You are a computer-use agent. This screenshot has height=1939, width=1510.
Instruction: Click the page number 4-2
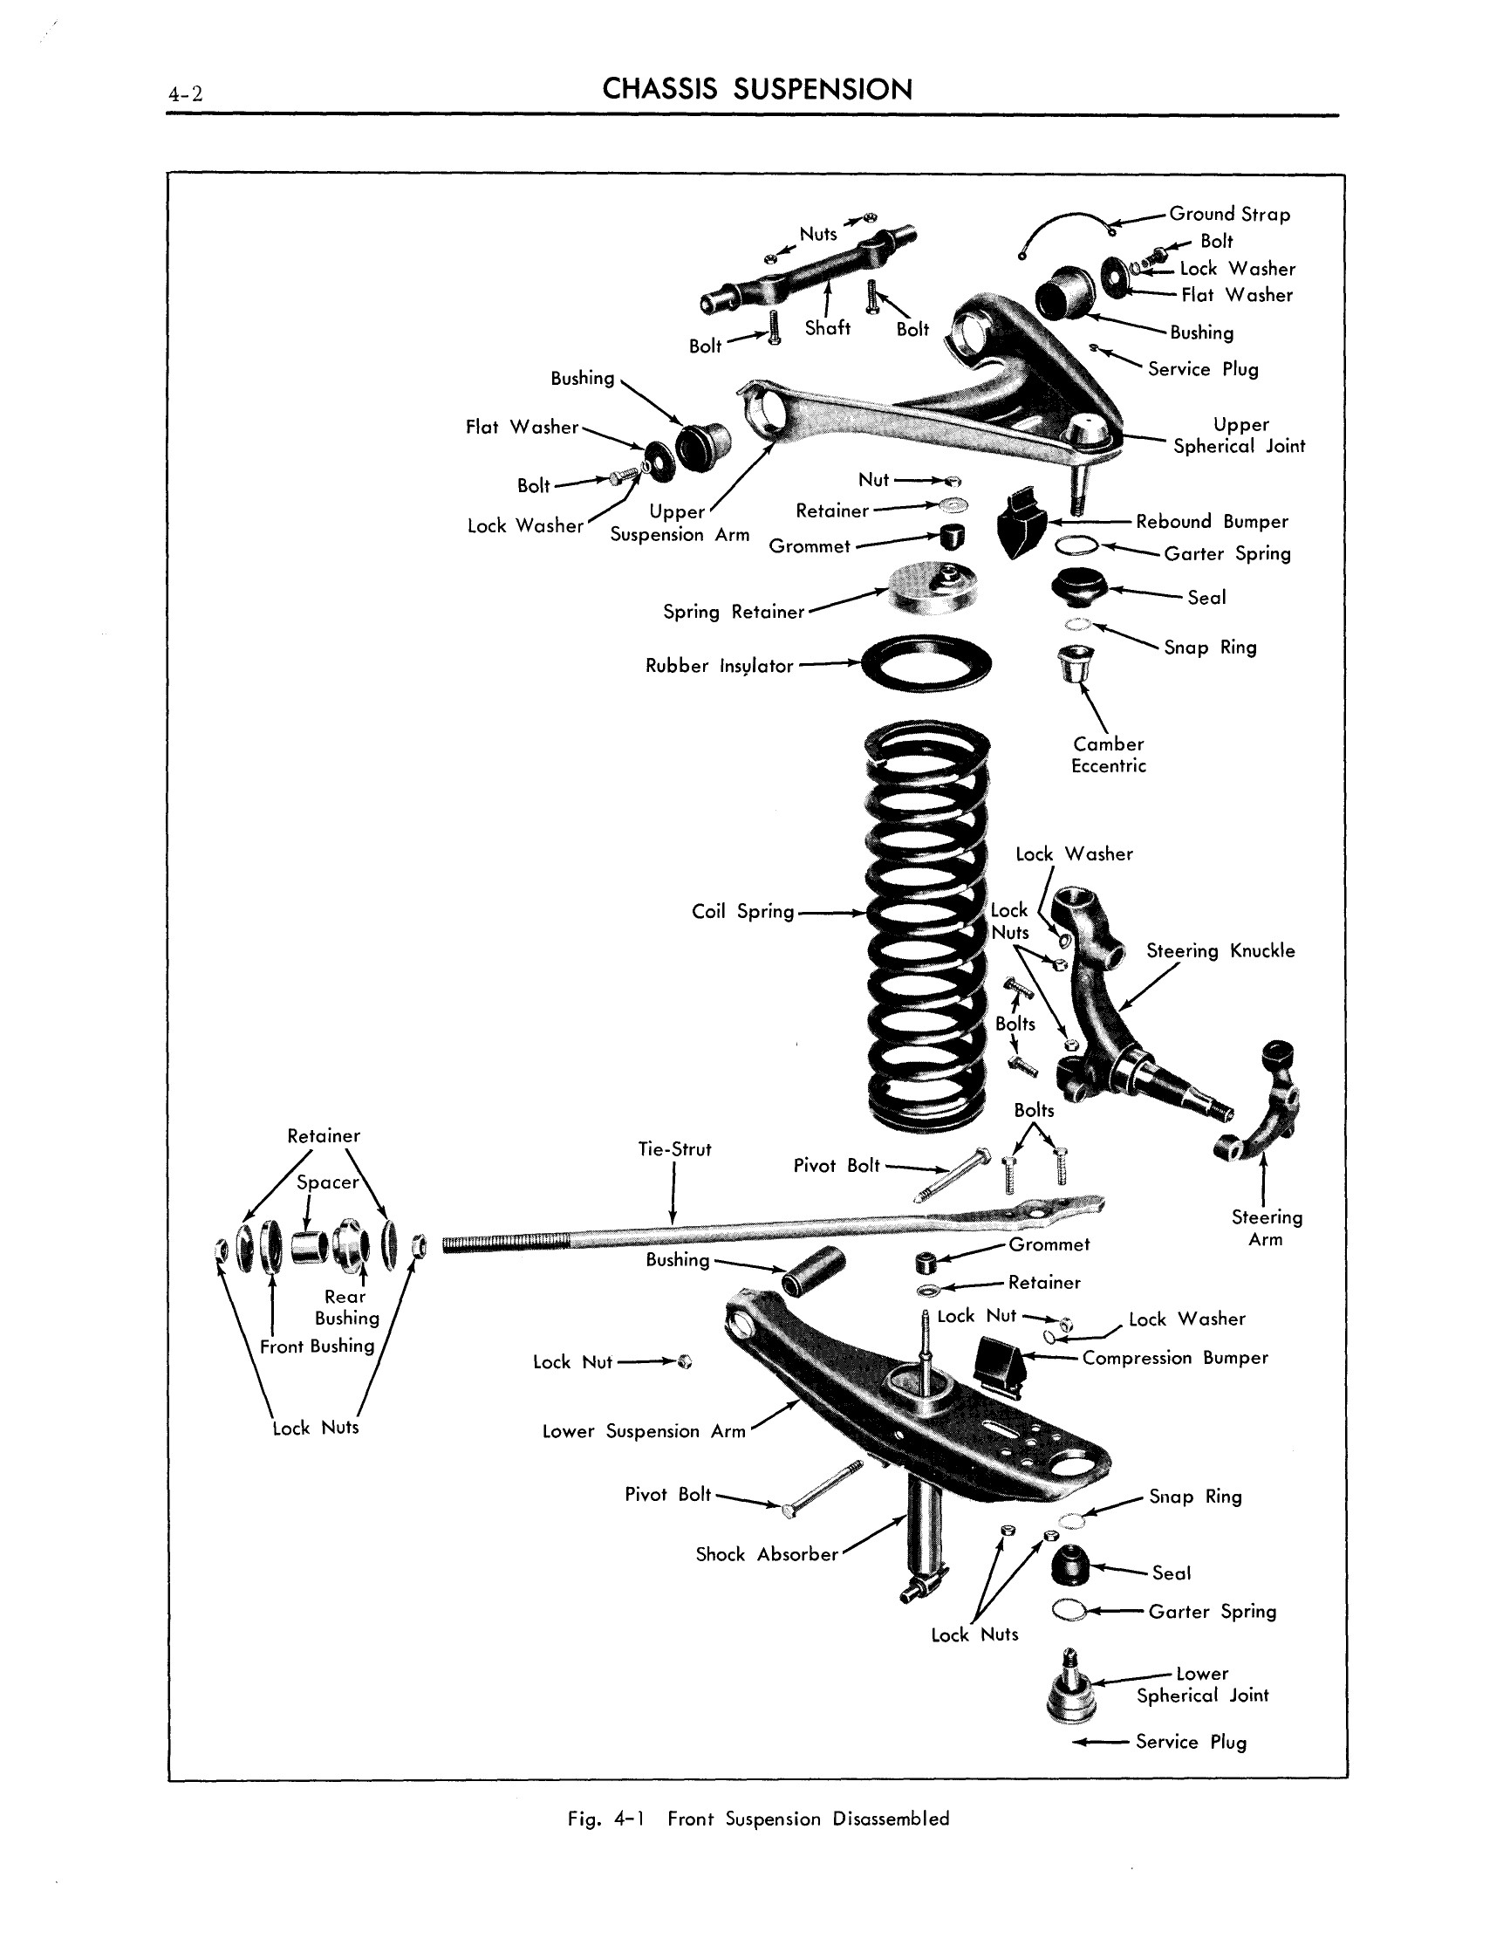185,93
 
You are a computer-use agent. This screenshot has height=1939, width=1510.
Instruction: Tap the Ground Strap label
1228,214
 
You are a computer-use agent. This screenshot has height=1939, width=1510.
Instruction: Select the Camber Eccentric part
1076,664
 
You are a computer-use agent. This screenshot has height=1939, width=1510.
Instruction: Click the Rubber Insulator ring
926,663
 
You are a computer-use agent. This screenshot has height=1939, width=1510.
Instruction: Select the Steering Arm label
1266,1228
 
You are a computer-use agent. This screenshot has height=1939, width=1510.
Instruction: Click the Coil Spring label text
742,912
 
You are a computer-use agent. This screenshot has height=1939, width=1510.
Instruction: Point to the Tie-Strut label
673,1149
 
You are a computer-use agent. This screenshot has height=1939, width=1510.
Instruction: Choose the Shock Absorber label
766,1553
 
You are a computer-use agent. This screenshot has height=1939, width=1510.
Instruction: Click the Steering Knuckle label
1220,951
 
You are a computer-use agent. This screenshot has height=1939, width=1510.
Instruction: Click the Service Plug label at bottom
1191,1741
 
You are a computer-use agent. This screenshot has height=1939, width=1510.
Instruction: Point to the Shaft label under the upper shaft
826,328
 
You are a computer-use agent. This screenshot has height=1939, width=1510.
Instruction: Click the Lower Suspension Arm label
644,1431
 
